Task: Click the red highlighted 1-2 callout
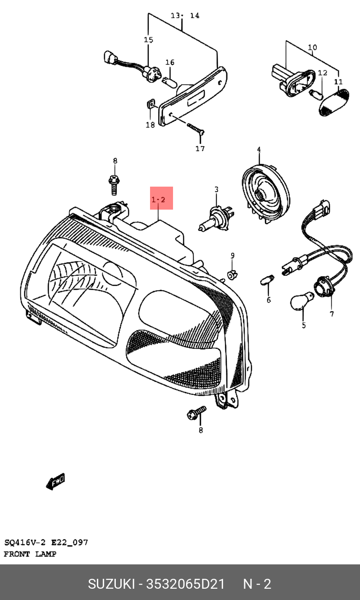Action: tap(161, 198)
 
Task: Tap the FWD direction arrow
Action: tap(56, 481)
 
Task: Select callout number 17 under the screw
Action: tap(200, 148)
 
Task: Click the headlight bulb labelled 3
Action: tap(216, 218)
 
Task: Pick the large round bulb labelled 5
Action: tap(302, 301)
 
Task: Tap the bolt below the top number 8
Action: tap(114, 185)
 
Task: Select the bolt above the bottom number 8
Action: tap(197, 413)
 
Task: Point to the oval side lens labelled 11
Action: tap(333, 102)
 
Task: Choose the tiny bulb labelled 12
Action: tap(316, 95)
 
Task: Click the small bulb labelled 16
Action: tap(169, 82)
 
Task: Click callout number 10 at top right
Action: tap(312, 48)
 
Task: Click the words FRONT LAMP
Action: tap(30, 554)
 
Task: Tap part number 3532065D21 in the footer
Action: tap(185, 584)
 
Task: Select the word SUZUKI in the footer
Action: tap(111, 584)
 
